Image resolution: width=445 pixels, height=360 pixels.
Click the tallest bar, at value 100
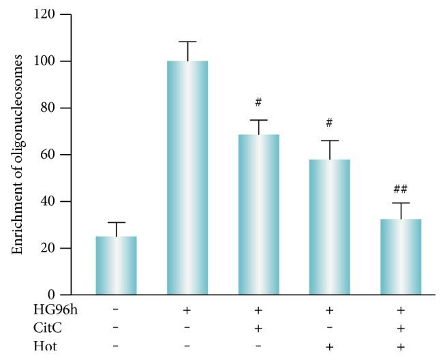187,177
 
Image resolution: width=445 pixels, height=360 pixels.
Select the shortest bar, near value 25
116,265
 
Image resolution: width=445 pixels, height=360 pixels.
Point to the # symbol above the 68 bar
258,103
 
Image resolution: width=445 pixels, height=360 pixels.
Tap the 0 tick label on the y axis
67,295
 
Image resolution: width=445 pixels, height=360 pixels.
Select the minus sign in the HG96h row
116,311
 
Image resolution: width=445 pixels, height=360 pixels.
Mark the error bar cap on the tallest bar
187,42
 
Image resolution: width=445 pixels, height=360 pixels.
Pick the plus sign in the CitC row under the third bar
258,328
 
